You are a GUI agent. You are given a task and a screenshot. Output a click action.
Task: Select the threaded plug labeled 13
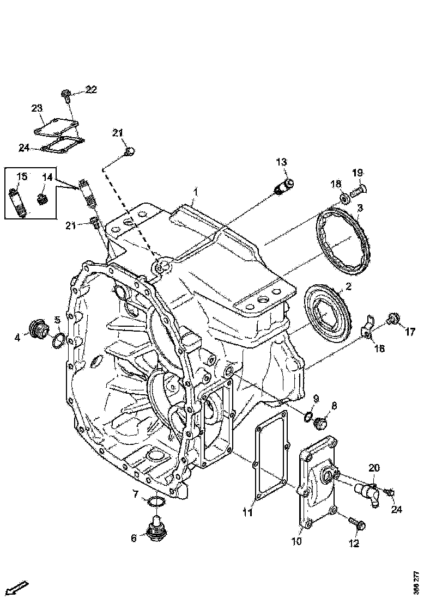click(x=284, y=185)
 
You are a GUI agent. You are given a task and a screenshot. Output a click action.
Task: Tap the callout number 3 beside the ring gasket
click(x=360, y=208)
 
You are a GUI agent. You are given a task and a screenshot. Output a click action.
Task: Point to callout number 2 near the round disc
click(x=348, y=286)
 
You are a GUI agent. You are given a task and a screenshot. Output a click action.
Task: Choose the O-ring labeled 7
click(x=155, y=500)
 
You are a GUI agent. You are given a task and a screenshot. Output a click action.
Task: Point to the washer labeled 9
click(x=308, y=417)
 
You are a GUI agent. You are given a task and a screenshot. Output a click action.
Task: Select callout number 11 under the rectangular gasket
click(x=247, y=512)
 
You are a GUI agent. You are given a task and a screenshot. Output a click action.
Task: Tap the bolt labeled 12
click(x=359, y=524)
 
